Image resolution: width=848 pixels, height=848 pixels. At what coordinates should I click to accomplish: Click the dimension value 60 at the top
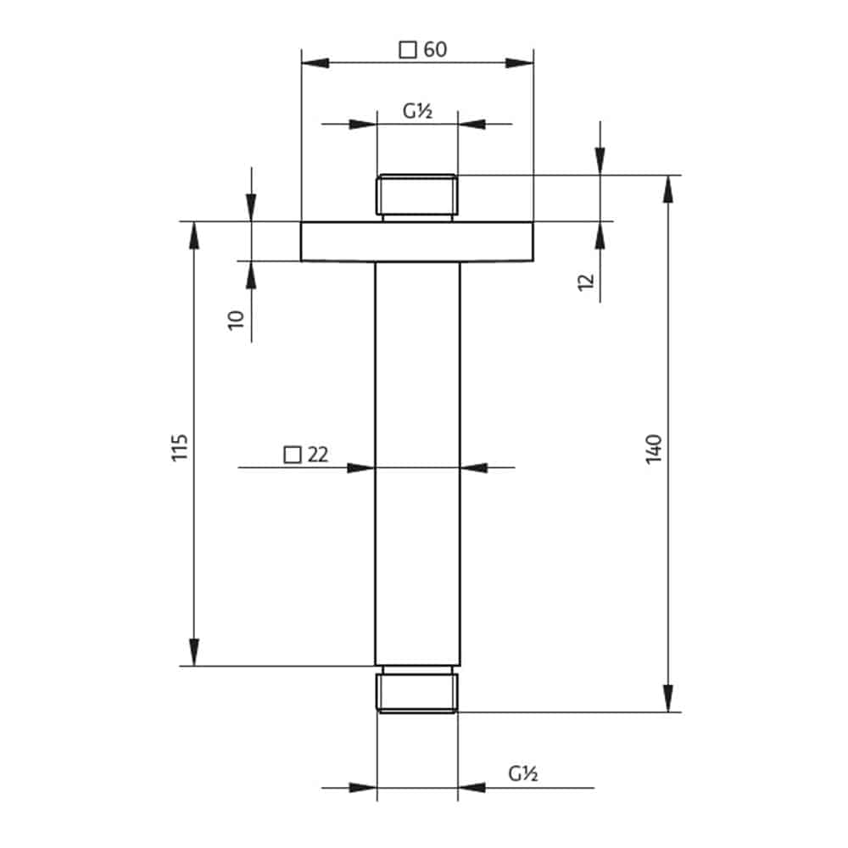click(435, 50)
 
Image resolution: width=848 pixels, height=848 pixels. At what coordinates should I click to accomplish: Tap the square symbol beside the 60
click(408, 50)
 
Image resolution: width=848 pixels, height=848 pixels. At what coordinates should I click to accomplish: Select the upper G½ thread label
click(417, 111)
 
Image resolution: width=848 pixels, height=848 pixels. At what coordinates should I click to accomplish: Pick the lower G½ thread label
click(523, 774)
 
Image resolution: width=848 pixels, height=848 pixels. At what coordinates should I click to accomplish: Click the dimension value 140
click(654, 449)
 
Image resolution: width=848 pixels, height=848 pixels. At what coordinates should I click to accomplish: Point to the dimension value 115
click(180, 447)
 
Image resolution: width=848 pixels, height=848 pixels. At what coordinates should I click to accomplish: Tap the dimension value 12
click(586, 282)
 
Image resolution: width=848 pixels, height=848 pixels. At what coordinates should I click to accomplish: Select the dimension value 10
click(237, 321)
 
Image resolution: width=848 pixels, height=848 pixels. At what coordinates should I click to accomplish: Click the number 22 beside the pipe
click(318, 455)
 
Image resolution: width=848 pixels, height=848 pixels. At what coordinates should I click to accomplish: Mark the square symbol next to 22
click(293, 455)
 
